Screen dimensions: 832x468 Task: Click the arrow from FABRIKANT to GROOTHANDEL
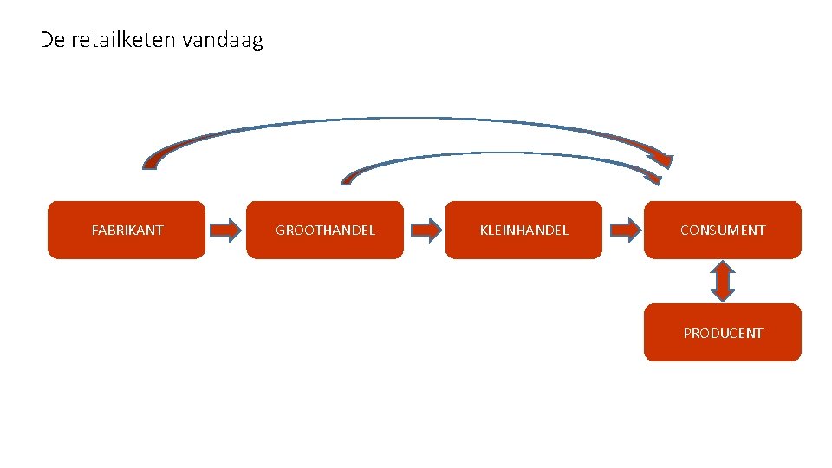pyautogui.click(x=226, y=230)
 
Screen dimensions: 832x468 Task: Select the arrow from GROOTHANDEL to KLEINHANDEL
pyautogui.click(x=425, y=230)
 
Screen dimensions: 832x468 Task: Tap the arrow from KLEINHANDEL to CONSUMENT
pyautogui.click(x=624, y=230)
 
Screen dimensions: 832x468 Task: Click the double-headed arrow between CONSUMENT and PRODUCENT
pyautogui.click(x=722, y=281)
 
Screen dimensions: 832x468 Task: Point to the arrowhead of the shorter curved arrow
pyautogui.click(x=652, y=178)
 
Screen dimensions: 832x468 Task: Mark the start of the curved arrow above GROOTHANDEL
pyautogui.click(x=348, y=179)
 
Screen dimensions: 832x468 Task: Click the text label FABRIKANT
pyautogui.click(x=127, y=230)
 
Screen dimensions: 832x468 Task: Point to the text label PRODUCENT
pyautogui.click(x=722, y=333)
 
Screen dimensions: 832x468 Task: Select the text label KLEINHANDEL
pyautogui.click(x=523, y=230)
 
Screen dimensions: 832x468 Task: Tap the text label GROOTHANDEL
pyautogui.click(x=325, y=230)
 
